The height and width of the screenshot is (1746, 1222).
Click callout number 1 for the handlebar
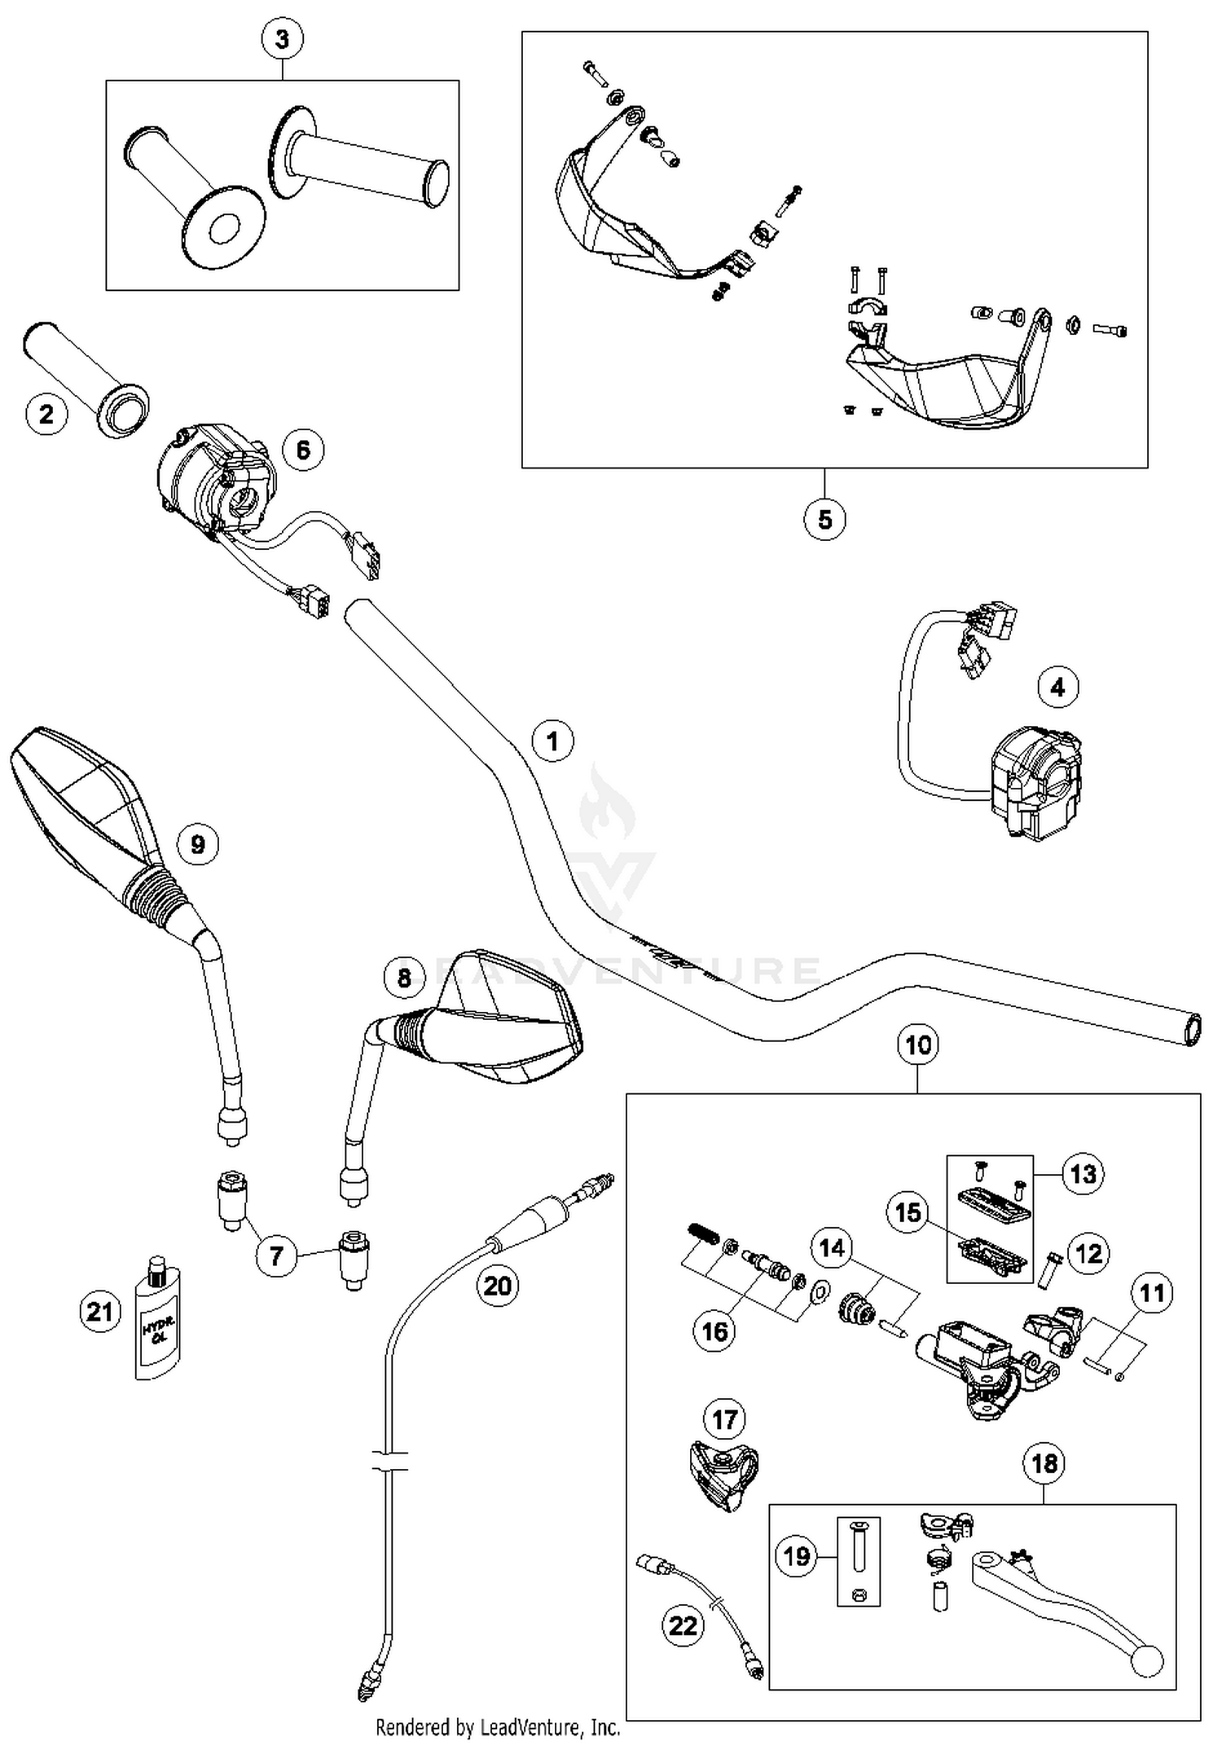coord(552,741)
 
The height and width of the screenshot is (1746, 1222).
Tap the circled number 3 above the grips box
coord(282,39)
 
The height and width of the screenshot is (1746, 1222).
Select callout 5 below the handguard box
coord(824,519)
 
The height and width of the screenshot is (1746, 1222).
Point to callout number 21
coord(100,1312)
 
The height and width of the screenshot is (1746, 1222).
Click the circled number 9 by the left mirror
coord(197,844)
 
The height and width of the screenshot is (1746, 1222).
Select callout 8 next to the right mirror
coord(405,976)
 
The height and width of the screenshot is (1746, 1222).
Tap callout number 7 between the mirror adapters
coord(276,1256)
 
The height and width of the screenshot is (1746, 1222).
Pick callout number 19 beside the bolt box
coord(796,1556)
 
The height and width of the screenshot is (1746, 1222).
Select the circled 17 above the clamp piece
coord(724,1420)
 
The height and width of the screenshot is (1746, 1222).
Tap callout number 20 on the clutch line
coord(498,1286)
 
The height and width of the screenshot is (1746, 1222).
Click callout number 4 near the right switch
coord(1057,687)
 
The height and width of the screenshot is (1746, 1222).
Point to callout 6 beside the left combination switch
coord(303,450)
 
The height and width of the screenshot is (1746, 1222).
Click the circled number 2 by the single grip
coord(46,414)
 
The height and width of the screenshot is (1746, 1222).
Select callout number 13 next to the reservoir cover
coord(1083,1174)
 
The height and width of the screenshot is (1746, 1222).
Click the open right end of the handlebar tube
coord(1193,1030)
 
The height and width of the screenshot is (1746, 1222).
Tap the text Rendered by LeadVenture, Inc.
coord(498,1726)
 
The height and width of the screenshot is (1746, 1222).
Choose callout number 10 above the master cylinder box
coord(918,1045)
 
